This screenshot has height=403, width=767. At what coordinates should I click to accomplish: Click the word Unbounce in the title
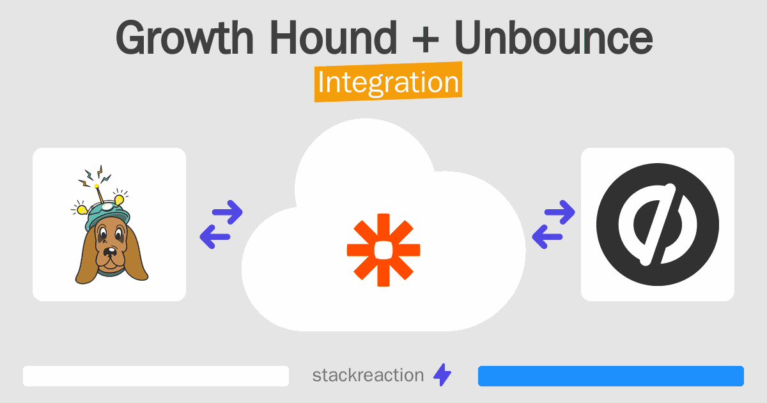(554, 38)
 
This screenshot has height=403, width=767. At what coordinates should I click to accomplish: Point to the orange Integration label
(388, 83)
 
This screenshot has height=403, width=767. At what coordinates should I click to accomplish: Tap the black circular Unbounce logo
(657, 225)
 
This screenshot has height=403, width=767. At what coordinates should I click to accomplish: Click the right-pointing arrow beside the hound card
(228, 212)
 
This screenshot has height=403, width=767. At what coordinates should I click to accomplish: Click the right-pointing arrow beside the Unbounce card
(561, 212)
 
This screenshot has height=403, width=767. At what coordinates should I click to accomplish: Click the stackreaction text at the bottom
(368, 375)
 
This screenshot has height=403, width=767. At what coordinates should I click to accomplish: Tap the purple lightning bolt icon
(442, 375)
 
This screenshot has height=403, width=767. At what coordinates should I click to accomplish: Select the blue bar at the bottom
(610, 376)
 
